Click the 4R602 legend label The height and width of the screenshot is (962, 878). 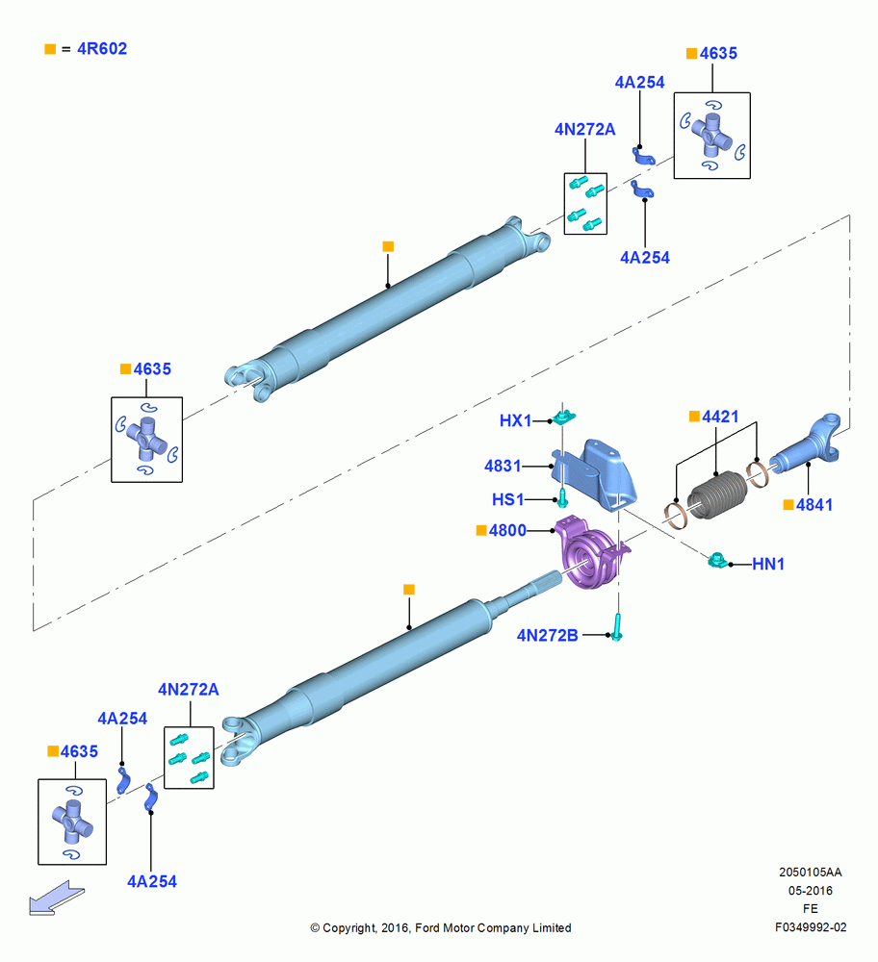pyautogui.click(x=102, y=48)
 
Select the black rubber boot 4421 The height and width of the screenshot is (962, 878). pyautogui.click(x=717, y=494)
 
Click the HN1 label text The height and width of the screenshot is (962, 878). pyautogui.click(x=768, y=564)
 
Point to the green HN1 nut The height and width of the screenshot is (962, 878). pyautogui.click(x=717, y=559)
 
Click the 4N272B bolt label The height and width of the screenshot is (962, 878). pyautogui.click(x=547, y=635)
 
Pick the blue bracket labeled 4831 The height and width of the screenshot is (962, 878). pyautogui.click(x=594, y=474)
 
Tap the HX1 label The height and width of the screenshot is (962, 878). pyautogui.click(x=515, y=421)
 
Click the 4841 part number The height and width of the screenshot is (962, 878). pyautogui.click(x=814, y=505)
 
